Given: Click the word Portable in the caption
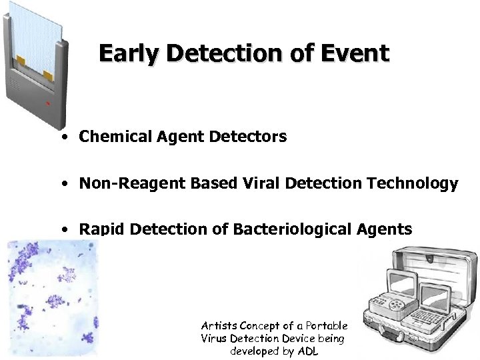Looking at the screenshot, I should coord(327,325).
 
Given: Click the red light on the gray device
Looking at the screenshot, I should coord(47,104).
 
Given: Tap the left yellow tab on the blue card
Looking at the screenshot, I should coord(21,62).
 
